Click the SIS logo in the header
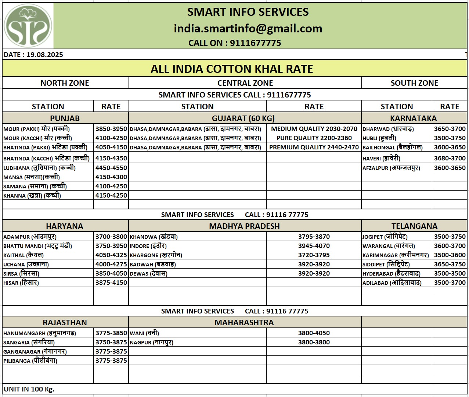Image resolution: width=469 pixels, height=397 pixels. (x=28, y=26)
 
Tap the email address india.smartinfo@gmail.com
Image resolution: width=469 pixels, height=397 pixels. (x=248, y=28)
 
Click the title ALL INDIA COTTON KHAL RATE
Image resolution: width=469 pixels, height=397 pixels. (x=232, y=69)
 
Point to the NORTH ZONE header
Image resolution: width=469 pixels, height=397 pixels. (x=65, y=83)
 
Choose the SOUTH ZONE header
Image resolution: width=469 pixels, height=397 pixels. (x=414, y=83)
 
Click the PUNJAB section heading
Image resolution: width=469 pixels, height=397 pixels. (x=65, y=118)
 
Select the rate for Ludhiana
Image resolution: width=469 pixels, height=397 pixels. (x=111, y=168)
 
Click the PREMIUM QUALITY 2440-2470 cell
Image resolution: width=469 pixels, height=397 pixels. (x=314, y=147)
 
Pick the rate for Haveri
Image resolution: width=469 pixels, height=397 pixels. (x=450, y=158)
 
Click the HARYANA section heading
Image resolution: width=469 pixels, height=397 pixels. (x=65, y=226)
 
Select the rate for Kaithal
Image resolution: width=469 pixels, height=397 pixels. (x=111, y=255)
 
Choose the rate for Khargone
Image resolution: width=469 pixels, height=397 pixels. (x=314, y=255)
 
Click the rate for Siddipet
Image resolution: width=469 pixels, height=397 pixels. (x=450, y=264)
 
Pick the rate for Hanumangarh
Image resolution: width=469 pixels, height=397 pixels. (x=111, y=333)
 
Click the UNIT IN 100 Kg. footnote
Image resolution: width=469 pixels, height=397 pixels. (x=29, y=389)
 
